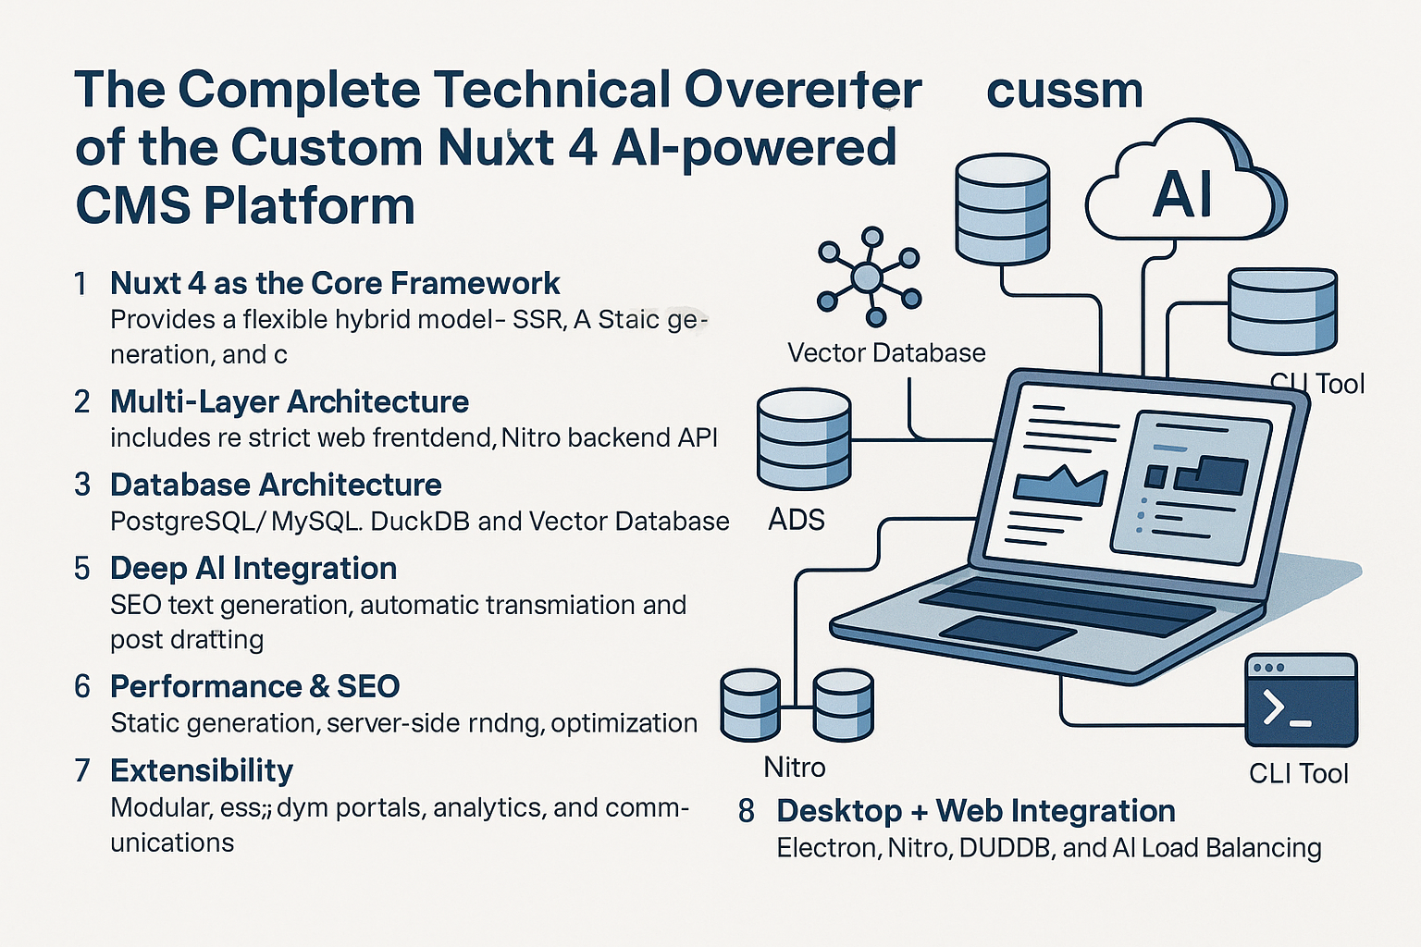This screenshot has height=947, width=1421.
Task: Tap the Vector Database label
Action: [886, 352]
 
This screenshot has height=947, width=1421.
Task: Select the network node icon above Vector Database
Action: [868, 276]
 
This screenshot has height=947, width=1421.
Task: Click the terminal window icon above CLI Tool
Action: [1301, 701]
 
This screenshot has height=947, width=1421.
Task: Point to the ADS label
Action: [797, 520]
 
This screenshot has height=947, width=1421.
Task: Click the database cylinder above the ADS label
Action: [803, 438]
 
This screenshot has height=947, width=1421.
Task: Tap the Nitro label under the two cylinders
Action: [795, 767]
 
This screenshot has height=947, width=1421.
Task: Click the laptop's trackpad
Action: [1007, 632]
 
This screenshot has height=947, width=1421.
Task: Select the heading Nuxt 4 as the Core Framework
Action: [335, 283]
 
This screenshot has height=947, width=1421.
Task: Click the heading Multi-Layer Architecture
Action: [290, 401]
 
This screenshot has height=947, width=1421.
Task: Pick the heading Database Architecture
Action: [276, 485]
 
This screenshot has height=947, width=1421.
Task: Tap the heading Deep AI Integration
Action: [253, 568]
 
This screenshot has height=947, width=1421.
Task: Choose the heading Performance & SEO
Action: [254, 686]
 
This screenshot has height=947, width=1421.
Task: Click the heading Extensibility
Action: [202, 770]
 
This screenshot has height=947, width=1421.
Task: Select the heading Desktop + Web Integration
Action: [976, 811]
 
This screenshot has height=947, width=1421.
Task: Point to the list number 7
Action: [82, 770]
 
